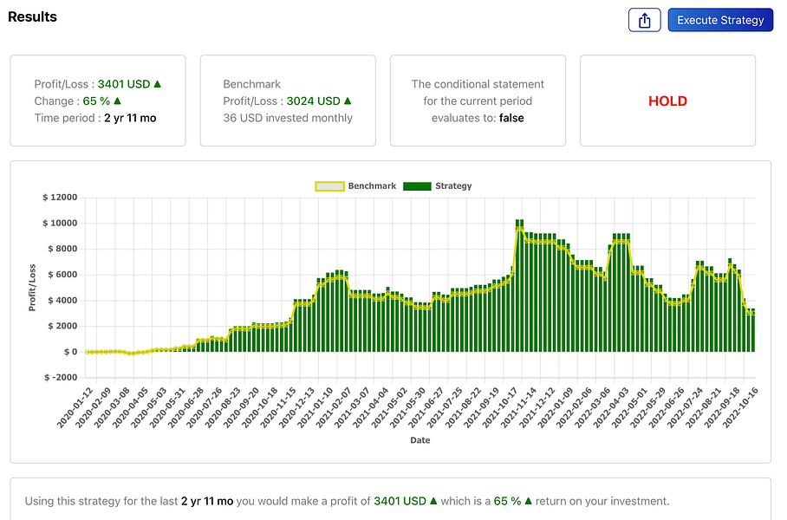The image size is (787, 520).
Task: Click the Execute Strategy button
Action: point(720,20)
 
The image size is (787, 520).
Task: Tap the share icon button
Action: point(644,20)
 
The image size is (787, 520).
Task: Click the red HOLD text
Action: point(667,101)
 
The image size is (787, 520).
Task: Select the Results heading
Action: point(33,17)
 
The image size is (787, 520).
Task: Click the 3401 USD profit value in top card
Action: point(124,84)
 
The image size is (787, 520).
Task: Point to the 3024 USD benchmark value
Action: point(313,101)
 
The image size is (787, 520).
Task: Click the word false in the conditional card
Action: point(511,118)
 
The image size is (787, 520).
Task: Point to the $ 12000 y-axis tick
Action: point(60,198)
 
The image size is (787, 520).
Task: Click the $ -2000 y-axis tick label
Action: point(60,378)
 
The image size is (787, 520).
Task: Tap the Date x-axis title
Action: point(420,440)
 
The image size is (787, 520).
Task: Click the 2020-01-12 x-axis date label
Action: point(76,408)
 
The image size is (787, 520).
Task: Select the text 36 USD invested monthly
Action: point(288,118)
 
